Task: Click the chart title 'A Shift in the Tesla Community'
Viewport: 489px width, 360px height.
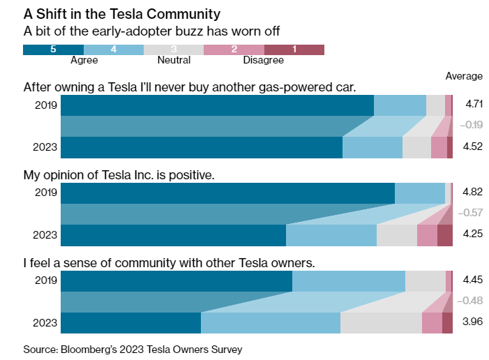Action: [122, 13]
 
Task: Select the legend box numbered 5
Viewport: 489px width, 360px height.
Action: [53, 49]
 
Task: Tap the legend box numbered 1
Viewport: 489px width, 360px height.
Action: [294, 49]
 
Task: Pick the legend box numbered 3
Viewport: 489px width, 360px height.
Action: [173, 49]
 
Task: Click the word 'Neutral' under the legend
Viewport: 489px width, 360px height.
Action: [173, 61]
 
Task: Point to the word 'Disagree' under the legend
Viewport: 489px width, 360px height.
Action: [263, 61]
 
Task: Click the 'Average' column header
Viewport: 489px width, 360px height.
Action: [464, 76]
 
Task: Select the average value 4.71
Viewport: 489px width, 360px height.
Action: [474, 104]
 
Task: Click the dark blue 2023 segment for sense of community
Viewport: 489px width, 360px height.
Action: [131, 323]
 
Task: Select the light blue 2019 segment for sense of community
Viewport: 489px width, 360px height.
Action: [348, 281]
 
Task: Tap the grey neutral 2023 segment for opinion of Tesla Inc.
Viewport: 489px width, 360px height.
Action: [396, 235]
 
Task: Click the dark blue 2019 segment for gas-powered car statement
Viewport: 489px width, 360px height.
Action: [217, 105]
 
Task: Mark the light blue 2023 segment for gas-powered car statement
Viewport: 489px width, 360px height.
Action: [373, 147]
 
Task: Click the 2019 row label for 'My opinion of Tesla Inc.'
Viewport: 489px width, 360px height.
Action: [45, 193]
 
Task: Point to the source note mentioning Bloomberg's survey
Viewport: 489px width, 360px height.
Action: [133, 349]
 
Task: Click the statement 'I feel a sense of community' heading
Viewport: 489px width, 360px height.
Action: [170, 263]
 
